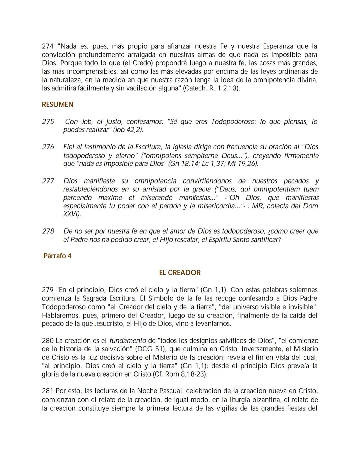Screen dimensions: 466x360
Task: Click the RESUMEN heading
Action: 57,104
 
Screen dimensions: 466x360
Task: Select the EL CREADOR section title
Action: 180,273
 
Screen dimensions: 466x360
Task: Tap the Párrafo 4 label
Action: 57,256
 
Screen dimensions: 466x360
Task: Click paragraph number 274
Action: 48,46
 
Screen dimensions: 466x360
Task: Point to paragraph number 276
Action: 48,147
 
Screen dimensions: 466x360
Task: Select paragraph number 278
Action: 48,231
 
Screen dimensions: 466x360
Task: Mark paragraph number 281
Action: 48,391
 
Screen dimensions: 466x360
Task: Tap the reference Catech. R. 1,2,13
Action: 211,88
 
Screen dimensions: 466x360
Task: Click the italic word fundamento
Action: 128,341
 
